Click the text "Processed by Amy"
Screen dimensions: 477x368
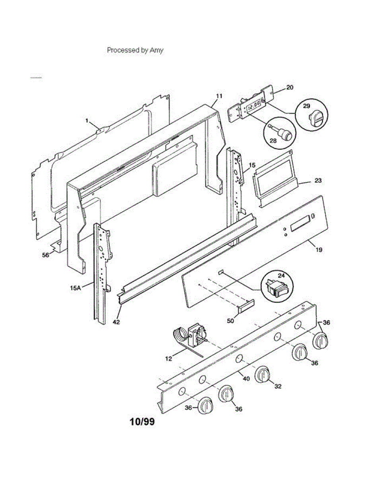tap(135, 50)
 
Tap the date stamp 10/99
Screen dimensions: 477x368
tap(142, 422)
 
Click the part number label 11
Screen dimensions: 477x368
tap(219, 96)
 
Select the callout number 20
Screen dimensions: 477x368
tap(290, 87)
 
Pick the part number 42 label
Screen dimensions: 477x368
tap(116, 322)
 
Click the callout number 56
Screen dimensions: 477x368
tap(46, 255)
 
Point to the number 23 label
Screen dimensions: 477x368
tap(317, 180)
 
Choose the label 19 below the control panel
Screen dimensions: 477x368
tap(319, 250)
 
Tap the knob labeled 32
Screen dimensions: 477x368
tap(262, 374)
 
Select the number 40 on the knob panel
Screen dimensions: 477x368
tap(246, 378)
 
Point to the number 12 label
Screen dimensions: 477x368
tap(169, 359)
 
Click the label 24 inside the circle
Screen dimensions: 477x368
tap(281, 275)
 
